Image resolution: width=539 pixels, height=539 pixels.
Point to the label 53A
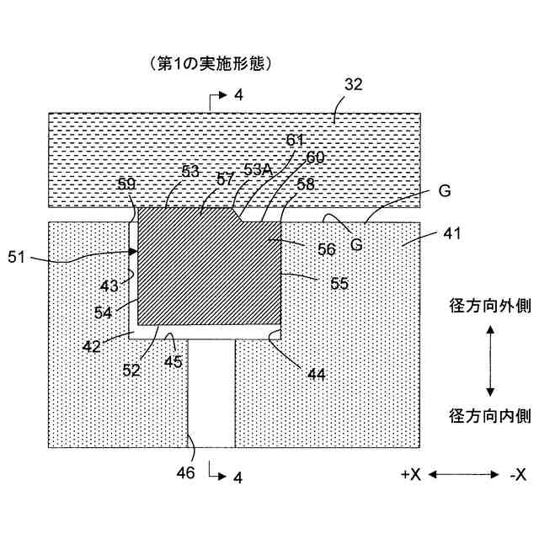(258, 168)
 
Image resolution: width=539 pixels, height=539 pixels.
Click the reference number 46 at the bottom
(186, 472)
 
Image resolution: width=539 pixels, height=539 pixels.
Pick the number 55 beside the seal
(339, 284)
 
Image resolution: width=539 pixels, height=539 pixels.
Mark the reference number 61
(295, 140)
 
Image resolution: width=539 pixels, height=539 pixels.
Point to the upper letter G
(444, 191)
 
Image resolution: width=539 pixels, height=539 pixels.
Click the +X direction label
(411, 474)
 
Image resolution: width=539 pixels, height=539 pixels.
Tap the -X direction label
(517, 474)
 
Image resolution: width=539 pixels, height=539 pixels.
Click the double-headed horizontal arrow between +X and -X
(464, 475)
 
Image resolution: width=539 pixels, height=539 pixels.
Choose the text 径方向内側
(489, 416)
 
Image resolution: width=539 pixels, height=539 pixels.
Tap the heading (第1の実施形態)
(213, 63)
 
